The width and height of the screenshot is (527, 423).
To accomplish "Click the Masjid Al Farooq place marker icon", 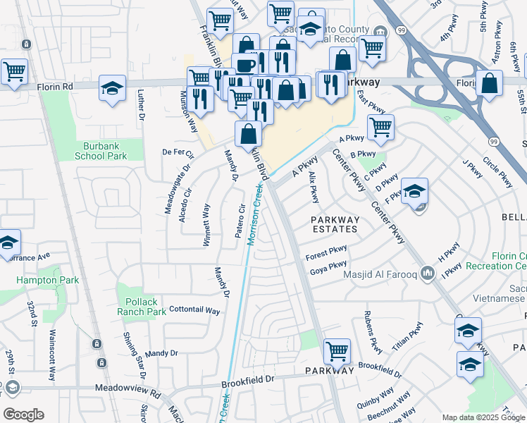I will coord(428,273).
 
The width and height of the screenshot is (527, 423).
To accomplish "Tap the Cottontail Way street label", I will coord(186,309).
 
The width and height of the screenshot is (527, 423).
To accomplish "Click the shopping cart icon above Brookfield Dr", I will coord(337,350).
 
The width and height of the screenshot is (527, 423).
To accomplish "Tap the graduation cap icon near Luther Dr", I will coord(112,87).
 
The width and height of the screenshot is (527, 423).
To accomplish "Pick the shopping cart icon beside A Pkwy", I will coord(380,127).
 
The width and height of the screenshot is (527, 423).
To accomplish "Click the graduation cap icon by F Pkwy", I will coord(415,190).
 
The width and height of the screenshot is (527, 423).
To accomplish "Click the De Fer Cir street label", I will coord(178,152).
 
